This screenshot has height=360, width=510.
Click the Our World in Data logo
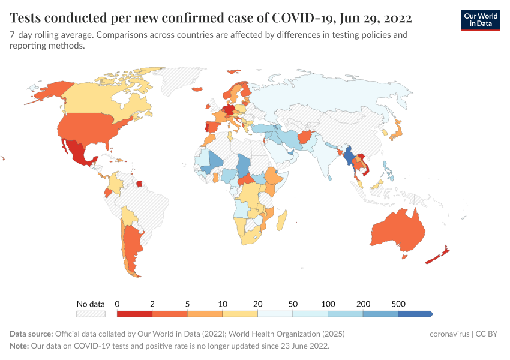point(480,20)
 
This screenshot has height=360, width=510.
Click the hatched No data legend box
point(90,313)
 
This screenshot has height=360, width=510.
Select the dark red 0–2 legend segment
point(134,313)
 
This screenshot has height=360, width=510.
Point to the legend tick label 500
point(398,304)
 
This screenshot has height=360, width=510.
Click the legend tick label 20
point(257,304)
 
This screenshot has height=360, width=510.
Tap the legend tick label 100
point(328,304)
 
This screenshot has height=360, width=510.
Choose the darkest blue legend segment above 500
point(415,313)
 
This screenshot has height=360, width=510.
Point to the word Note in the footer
point(19,346)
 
